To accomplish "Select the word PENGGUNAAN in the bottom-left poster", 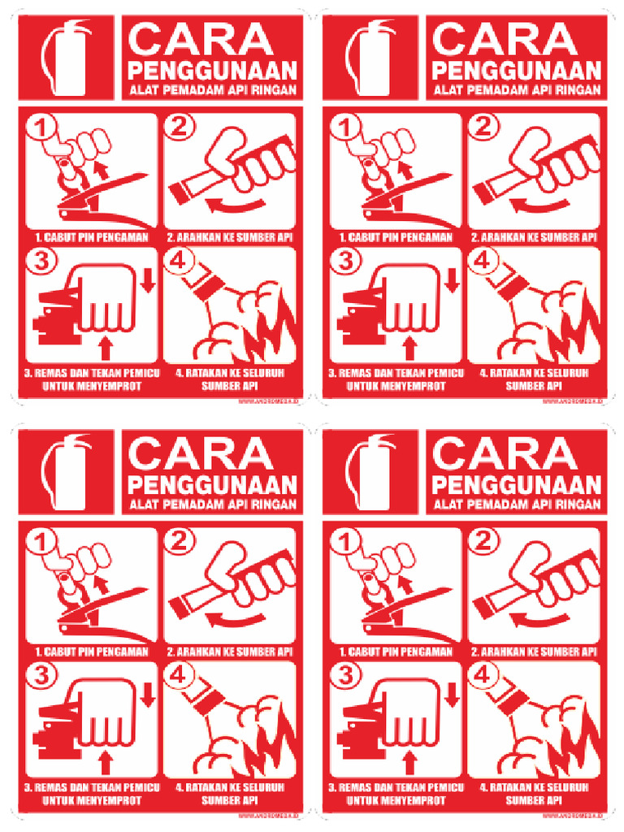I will [x=213, y=485].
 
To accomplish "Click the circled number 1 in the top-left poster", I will [x=38, y=128].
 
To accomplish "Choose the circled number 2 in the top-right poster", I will [x=481, y=127].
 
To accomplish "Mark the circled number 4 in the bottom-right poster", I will [x=481, y=674].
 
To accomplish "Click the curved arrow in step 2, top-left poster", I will [x=236, y=203].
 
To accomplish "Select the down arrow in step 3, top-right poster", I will [x=453, y=278].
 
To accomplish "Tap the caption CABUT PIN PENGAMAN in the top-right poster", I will [x=395, y=238].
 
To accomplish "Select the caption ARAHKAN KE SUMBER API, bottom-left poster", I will [x=230, y=652].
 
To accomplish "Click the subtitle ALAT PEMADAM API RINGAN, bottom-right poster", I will [x=517, y=505].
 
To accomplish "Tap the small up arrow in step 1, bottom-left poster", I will [x=101, y=583].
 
